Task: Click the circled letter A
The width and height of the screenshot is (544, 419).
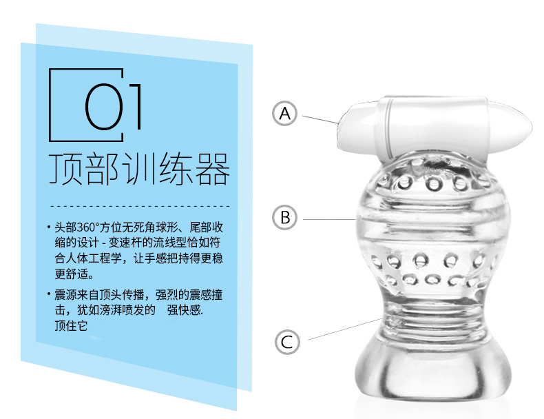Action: coord(284,114)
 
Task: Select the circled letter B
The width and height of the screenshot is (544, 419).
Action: coord(284,218)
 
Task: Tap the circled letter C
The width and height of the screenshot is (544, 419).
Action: coord(287,342)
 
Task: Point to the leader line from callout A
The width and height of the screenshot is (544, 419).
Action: coord(320,119)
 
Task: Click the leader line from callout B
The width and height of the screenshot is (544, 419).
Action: coord(329,219)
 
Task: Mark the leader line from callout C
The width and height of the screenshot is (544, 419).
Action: coord(345,329)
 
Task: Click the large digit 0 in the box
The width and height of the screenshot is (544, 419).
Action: coord(104,107)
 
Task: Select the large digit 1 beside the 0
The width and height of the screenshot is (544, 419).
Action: coord(136,107)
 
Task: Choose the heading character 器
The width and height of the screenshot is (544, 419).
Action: coord(212,169)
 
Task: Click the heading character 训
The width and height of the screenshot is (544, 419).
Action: coord(139,169)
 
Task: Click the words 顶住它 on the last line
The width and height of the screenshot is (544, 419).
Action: coord(71,325)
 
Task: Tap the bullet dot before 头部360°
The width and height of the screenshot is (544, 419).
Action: coord(49,227)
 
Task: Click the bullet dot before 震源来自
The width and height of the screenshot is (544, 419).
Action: coord(49,294)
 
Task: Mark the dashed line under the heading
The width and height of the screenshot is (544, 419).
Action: coord(140,206)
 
